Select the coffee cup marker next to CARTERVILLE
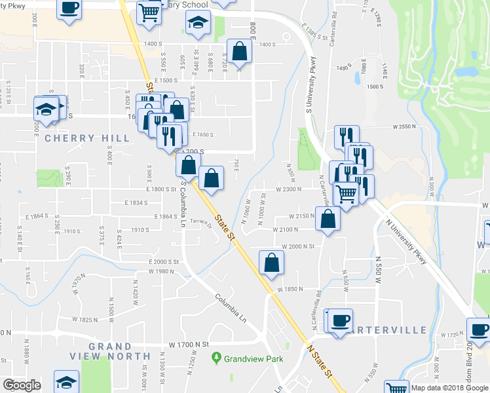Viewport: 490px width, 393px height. [340, 320]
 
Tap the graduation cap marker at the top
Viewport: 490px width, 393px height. [197, 23]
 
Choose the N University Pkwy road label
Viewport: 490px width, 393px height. [407, 240]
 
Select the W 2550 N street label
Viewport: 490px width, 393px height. [405, 126]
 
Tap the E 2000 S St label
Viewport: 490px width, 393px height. [163, 261]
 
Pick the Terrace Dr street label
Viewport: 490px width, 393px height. [200, 223]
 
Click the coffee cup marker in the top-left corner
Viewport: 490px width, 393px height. [69, 9]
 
